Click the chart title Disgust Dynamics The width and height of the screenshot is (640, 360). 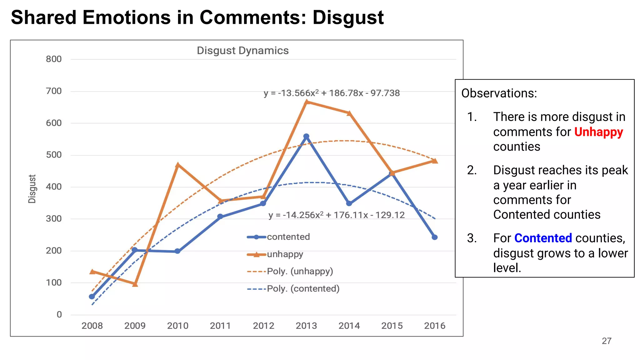click(x=242, y=51)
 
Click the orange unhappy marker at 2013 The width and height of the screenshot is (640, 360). click(x=307, y=102)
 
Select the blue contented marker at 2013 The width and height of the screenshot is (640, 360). click(x=306, y=137)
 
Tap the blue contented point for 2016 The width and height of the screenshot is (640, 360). click(x=435, y=237)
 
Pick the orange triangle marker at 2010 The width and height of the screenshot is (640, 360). click(x=178, y=165)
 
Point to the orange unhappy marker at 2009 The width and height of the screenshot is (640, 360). click(x=135, y=284)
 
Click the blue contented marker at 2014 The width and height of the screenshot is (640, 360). click(x=349, y=203)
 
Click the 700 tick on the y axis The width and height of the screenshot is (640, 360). click(x=54, y=91)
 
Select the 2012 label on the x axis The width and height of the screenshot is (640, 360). click(x=263, y=326)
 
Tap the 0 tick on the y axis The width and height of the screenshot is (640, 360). click(x=59, y=315)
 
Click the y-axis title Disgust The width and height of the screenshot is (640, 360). click(x=32, y=189)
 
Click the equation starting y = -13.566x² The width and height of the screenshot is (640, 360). click(x=332, y=93)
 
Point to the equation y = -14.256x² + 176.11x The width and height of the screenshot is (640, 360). click(x=337, y=215)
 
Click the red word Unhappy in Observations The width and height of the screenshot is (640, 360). click(x=598, y=132)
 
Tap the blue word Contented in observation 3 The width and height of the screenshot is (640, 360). click(x=543, y=238)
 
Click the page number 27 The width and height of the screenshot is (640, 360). click(x=607, y=341)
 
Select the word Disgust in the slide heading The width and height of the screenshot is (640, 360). click(x=348, y=17)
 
